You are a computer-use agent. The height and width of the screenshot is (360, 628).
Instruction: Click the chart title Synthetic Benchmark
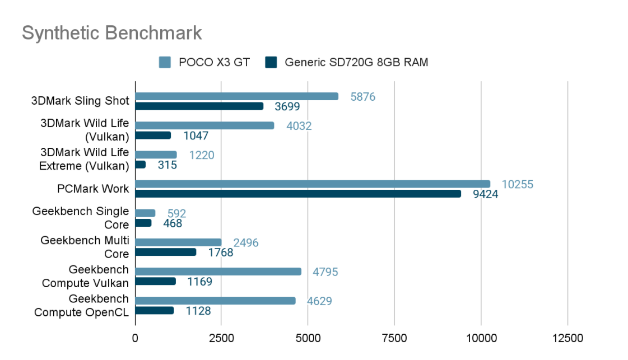pos(112,33)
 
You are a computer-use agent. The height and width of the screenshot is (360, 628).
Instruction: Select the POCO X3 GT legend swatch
pos(165,62)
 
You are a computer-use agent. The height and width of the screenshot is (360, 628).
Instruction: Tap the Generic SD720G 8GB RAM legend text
pos(356,62)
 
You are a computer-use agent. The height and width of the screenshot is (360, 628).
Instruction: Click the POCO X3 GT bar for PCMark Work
pos(313,184)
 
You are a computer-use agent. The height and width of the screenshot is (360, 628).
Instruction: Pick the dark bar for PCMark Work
pos(298,194)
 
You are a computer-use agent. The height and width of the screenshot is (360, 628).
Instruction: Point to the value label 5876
pos(362,97)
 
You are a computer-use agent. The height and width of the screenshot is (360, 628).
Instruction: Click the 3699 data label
pos(286,106)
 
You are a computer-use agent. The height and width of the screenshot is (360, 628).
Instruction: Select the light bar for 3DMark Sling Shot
pos(237,96)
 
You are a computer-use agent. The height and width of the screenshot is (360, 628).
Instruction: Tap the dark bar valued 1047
pos(153,135)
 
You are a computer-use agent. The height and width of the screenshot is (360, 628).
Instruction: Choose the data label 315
pos(167,165)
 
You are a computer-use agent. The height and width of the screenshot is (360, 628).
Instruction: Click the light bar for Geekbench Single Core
pos(145,213)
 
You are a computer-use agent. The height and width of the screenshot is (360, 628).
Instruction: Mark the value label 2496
pos(246,243)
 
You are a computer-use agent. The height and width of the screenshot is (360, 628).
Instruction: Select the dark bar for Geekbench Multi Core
pos(166,252)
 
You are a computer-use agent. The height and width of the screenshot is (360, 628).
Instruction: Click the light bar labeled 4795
pos(218,272)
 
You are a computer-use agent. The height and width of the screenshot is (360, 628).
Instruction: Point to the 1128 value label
pos(198,311)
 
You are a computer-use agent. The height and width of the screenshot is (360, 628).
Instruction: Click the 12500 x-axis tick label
pos(567,338)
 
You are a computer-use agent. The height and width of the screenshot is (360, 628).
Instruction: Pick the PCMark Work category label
pos(93,189)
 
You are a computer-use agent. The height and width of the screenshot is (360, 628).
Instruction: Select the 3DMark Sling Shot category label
pos(80,101)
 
